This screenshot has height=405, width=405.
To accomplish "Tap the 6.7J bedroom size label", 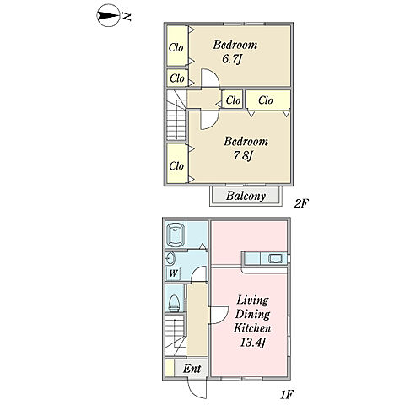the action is coord(232,60).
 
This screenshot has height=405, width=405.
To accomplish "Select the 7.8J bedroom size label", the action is coord(243,155).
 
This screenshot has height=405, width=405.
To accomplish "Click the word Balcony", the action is coord(246,196).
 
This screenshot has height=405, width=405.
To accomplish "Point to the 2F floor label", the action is coord(301,203).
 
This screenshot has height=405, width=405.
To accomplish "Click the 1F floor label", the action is coord(287,395).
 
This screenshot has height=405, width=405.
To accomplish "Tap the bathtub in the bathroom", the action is coord(175,235).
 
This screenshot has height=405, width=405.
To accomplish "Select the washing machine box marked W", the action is coord(173,273).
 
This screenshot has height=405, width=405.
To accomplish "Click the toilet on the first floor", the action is coord(174,303).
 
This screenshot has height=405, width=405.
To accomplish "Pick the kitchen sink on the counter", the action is coord(275,258).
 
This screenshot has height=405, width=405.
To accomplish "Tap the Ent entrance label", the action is coord(192,368).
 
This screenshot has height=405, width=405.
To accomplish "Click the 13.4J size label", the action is coord(253,343).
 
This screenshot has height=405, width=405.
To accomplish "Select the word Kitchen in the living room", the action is coord(252,328).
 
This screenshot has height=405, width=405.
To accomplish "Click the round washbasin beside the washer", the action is coord(170,258).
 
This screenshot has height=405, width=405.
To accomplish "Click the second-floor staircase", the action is coord(176,116).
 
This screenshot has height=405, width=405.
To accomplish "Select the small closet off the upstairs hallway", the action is coord(233,100).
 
